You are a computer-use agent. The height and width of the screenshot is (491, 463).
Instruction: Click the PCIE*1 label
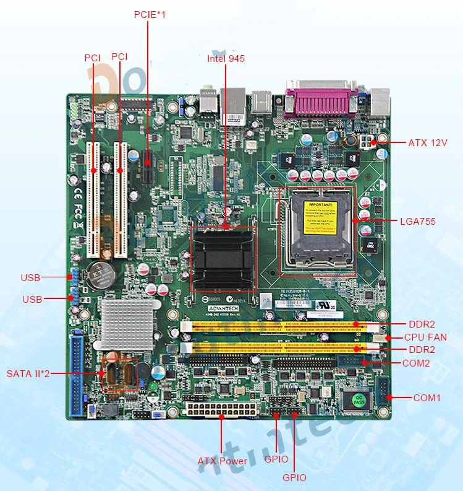(150, 14)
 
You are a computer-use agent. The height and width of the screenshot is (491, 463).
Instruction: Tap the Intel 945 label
(226, 59)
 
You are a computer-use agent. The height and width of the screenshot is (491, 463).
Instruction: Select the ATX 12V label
(428, 143)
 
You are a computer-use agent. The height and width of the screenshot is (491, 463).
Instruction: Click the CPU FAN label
(425, 337)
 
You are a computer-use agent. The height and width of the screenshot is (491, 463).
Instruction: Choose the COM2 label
(416, 363)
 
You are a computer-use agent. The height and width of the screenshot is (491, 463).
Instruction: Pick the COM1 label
(427, 398)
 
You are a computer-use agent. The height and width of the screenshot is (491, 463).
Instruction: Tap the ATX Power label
(223, 461)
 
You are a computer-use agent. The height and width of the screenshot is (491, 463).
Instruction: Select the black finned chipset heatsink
(224, 258)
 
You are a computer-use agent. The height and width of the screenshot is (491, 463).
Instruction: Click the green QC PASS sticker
(358, 398)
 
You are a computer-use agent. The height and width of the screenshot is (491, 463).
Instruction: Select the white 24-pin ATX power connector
(219, 409)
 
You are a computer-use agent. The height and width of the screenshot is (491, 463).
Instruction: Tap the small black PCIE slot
(148, 167)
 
